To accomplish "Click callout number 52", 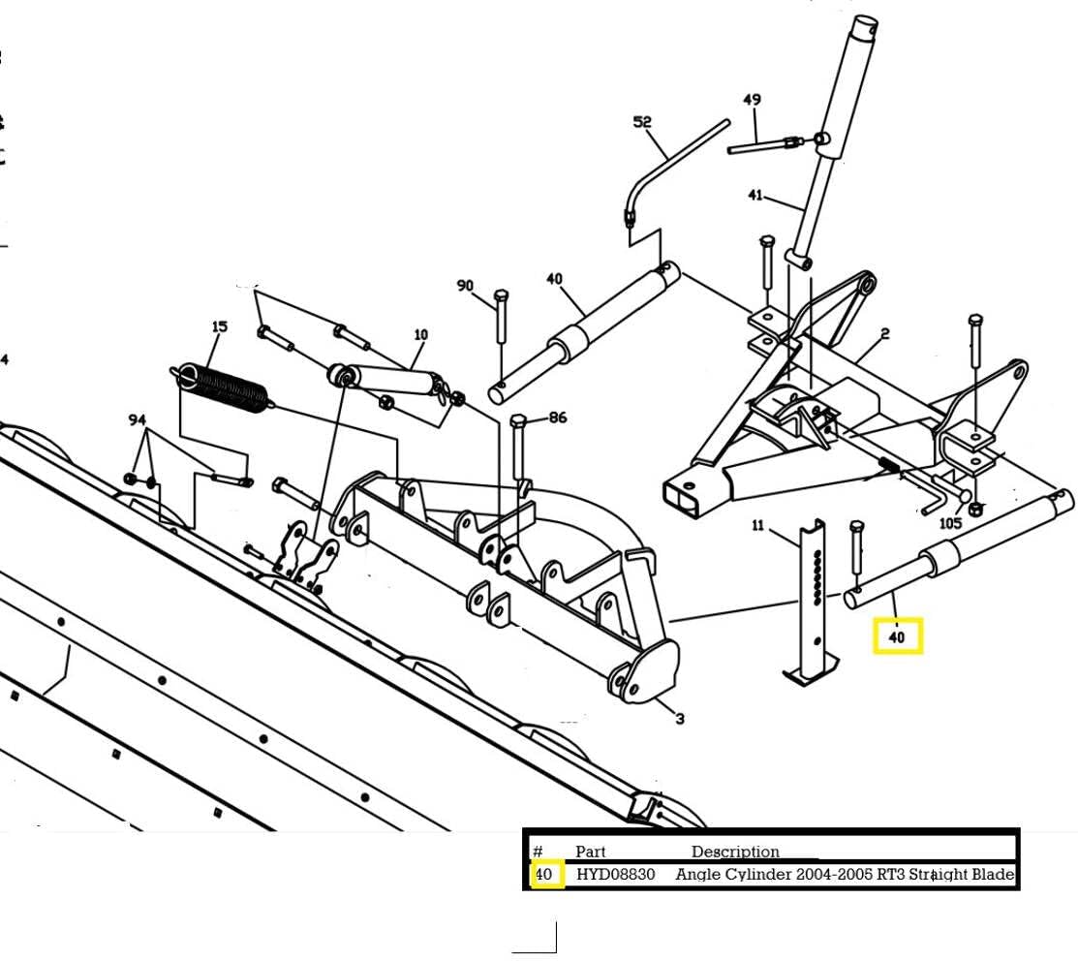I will pos(642,122).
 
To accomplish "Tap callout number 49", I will pos(752,100).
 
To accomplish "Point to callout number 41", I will pos(755,195).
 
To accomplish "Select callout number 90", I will pos(465,286).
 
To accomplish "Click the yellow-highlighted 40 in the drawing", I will pos(897,637).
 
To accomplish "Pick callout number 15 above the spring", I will pos(220,326).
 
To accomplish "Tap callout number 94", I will pos(137,419).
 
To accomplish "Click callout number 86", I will pos(558,418).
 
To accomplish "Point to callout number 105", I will pos(950,523).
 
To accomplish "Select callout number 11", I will pos(758,526).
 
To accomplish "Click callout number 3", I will pos(680,719).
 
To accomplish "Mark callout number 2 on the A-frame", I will pos(885,333).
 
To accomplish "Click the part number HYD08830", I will pos(615,874).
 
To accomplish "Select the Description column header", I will pos(735,852).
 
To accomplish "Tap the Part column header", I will pos(590,852).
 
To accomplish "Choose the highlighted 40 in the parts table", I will pos(544,874).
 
